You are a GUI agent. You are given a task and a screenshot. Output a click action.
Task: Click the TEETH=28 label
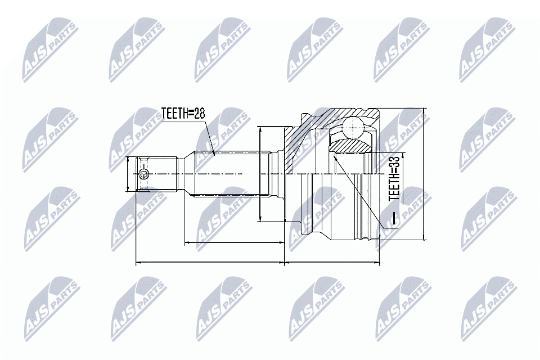point(183,114)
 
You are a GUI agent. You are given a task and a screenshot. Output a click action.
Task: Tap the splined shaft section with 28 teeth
point(225,174)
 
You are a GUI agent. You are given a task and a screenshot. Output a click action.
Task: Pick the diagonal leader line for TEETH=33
point(360,191)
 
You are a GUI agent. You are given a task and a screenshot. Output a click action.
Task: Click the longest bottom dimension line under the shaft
point(210,262)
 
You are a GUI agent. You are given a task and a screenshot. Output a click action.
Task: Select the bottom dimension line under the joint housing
point(332,262)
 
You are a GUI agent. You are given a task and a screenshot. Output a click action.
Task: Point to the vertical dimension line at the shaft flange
point(260,174)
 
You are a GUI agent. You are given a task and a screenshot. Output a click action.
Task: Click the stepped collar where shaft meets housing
point(276,174)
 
